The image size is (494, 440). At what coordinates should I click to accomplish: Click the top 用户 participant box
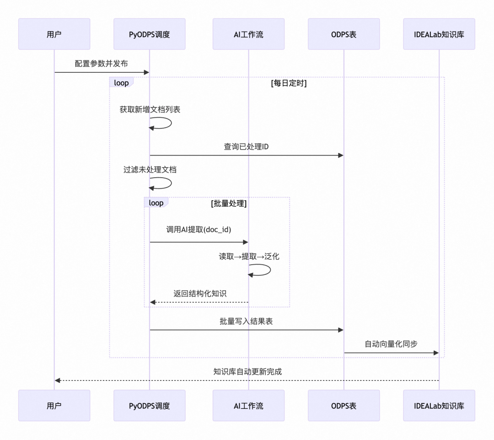click(x=54, y=34)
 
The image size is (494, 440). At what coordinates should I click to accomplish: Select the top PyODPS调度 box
click(x=149, y=34)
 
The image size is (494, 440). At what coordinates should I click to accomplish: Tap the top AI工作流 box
click(x=248, y=34)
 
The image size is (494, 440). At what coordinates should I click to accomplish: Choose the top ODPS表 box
click(x=344, y=34)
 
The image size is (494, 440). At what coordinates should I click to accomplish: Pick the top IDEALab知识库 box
click(x=439, y=34)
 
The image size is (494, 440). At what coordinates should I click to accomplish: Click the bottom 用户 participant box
click(x=54, y=406)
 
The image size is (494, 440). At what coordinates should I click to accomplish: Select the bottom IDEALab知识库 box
click(x=439, y=406)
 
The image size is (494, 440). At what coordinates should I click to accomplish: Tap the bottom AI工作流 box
click(x=248, y=406)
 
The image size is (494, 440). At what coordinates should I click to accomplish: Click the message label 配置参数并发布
click(x=102, y=64)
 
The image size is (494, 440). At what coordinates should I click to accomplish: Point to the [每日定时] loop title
click(x=289, y=83)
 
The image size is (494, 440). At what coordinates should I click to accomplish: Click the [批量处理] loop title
click(x=229, y=204)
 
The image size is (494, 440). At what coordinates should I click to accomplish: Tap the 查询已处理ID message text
click(x=246, y=147)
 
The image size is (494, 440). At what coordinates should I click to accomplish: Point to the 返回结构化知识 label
click(x=200, y=293)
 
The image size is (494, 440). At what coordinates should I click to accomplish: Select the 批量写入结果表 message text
click(x=246, y=321)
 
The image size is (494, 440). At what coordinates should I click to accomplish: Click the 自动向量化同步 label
click(x=391, y=344)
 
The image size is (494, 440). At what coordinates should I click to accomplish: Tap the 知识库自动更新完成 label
click(x=247, y=372)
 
